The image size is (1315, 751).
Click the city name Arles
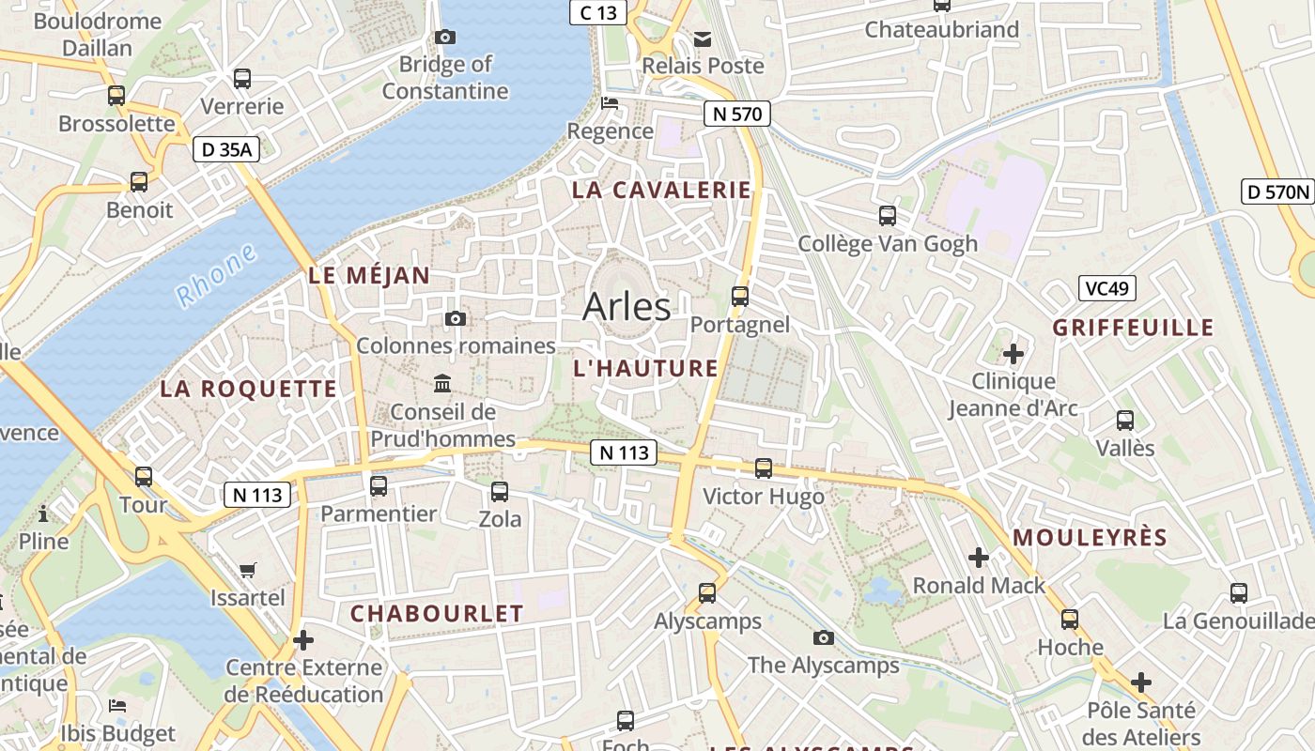627,307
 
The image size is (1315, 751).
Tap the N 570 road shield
737,115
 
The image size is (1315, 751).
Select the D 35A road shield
226,149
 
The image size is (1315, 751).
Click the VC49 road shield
1106,288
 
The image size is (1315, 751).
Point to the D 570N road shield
1276,192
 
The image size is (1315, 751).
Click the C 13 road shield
598,12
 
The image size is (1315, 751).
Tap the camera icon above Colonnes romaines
456,319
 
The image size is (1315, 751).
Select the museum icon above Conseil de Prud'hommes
442,383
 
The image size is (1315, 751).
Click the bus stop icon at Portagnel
740,297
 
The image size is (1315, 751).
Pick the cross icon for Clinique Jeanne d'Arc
1013,354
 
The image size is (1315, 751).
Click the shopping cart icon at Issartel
248,570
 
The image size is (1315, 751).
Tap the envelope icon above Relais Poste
703,38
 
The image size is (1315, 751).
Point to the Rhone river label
216,275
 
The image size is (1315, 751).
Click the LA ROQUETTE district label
248,390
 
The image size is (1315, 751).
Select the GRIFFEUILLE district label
1133,328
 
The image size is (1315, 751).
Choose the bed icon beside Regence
611,103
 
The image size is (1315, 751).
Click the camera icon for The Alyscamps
824,638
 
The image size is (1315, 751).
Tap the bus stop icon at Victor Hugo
764,467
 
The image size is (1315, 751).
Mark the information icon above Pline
43,513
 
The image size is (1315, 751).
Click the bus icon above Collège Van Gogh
888,216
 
